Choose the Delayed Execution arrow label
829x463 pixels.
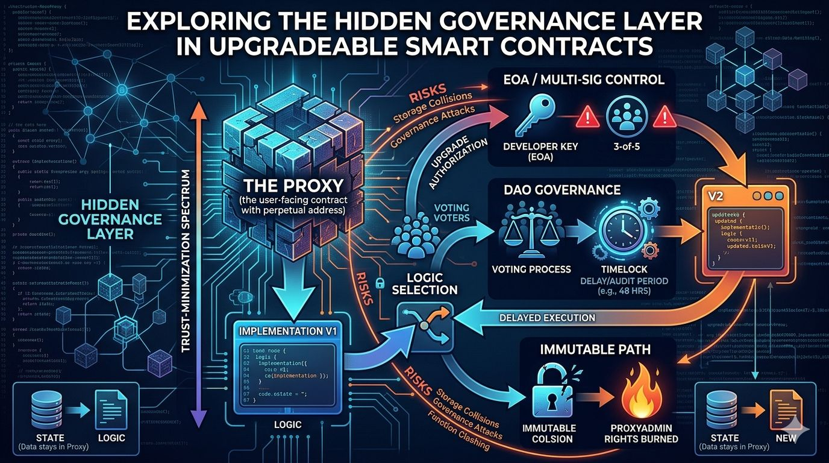tap(548, 317)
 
